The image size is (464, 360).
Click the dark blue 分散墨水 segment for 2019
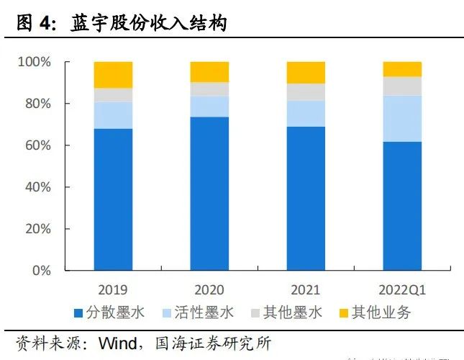tap(113, 199)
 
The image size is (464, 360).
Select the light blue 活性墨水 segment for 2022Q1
tap(402, 118)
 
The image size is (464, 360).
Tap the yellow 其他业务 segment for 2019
tap(113, 75)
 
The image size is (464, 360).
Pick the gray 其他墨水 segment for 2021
tap(306, 92)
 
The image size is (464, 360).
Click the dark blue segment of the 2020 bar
tap(209, 193)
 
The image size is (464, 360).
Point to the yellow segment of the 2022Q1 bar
tap(402, 69)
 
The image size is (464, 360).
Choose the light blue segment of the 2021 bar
tap(306, 114)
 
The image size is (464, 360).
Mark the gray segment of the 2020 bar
tap(209, 89)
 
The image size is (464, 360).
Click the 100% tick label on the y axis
tap(34, 63)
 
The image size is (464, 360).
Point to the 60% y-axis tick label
tap(37, 146)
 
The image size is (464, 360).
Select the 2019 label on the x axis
tap(113, 290)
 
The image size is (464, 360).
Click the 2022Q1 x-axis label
tap(402, 290)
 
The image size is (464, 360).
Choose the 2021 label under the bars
tap(306, 290)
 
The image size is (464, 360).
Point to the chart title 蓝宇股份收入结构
tap(148, 24)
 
